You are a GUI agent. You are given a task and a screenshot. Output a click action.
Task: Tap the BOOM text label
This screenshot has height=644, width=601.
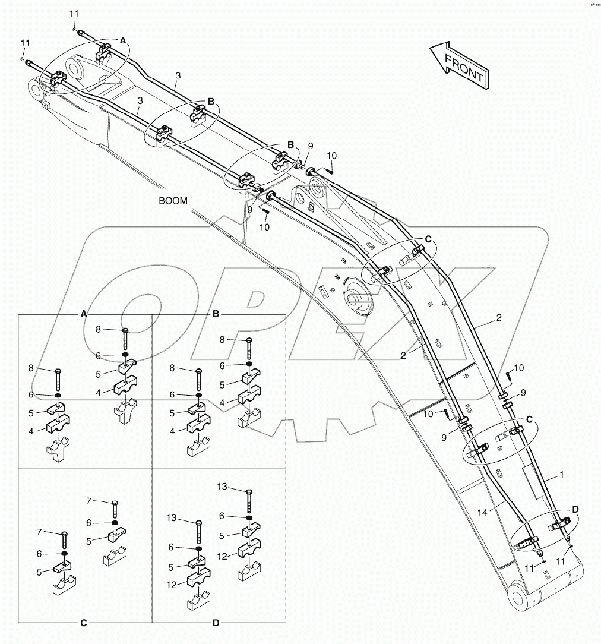click(x=173, y=201)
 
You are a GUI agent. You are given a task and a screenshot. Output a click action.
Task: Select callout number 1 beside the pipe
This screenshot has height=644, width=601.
click(x=561, y=476)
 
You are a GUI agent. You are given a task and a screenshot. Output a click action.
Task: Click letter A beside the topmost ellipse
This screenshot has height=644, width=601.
click(x=124, y=40)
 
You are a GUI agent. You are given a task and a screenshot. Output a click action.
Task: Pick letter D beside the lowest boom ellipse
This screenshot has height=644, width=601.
click(x=575, y=510)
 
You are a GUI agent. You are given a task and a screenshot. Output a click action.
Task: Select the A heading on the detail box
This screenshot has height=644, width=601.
click(x=84, y=313)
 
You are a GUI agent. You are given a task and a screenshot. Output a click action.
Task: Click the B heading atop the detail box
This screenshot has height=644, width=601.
click(x=216, y=313)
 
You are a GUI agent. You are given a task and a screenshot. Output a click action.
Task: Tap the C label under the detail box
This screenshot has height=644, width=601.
click(x=84, y=623)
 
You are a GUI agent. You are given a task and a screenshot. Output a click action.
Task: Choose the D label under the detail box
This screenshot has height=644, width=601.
click(x=216, y=623)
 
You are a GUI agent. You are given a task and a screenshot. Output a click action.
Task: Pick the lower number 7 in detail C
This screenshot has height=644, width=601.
click(x=40, y=532)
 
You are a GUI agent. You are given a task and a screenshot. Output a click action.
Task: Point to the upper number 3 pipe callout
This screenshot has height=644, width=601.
click(x=178, y=75)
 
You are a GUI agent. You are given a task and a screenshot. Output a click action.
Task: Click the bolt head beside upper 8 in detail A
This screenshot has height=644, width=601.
click(x=125, y=330)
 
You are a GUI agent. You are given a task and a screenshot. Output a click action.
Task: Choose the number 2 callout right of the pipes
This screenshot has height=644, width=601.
click(x=499, y=318)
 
